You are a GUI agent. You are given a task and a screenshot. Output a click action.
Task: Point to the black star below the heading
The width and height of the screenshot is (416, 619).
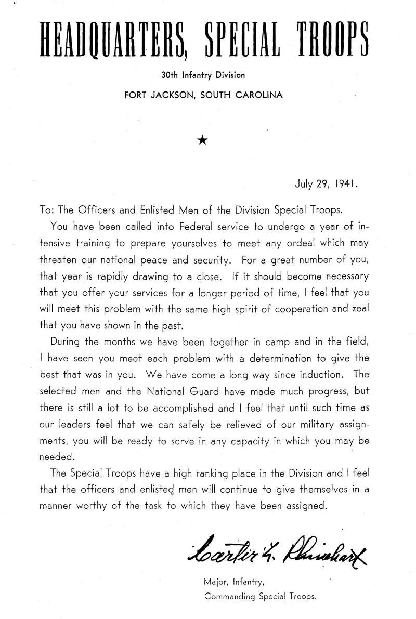[x=203, y=140]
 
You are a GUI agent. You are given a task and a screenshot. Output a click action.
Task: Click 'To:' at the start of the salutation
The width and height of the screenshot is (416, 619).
[x=47, y=212]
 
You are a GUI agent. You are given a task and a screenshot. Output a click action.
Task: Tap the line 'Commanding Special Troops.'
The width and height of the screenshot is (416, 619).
[x=260, y=597]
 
